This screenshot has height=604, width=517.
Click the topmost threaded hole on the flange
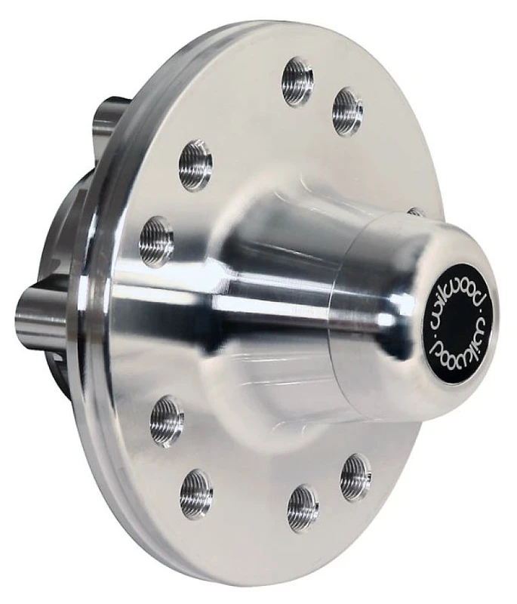(x=297, y=81)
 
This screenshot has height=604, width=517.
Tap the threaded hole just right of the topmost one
(x=347, y=110)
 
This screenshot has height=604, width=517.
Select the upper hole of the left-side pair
(x=195, y=165)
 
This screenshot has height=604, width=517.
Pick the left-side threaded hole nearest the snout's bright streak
(x=156, y=241)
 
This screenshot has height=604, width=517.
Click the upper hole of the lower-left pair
(x=167, y=421)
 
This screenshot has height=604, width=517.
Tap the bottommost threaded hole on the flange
(x=303, y=507)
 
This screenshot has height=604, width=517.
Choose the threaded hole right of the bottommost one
(x=355, y=477)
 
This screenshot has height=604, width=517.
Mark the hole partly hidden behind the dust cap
(x=416, y=212)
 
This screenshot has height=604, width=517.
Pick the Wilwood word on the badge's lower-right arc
(x=472, y=337)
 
